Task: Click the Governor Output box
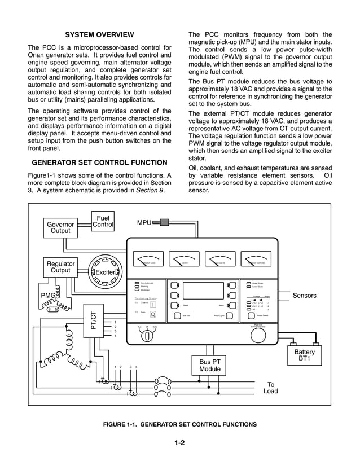pos(60,227)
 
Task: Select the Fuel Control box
pos(103,221)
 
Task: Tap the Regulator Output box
pos(60,267)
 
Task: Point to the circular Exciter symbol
pos(104,270)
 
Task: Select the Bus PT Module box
pos(209,365)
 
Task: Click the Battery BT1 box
pos(305,356)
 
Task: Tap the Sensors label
pos(305,296)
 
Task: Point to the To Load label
pos(271,388)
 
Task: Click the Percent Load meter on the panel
pos(148,260)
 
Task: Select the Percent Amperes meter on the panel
pos(256,260)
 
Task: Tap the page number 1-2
pos(180,443)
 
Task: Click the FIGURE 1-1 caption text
pos(180,424)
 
